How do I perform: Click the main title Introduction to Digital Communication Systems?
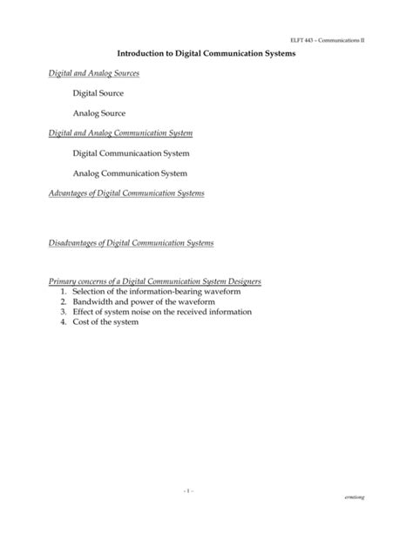pyautogui.click(x=206, y=55)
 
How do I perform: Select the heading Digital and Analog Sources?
pyautogui.click(x=93, y=73)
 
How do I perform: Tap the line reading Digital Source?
pyautogui.click(x=98, y=92)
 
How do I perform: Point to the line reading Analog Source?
pyautogui.click(x=99, y=113)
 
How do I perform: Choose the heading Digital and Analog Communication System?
pyautogui.click(x=120, y=133)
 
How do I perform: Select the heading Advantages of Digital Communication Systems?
pyautogui.click(x=126, y=193)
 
